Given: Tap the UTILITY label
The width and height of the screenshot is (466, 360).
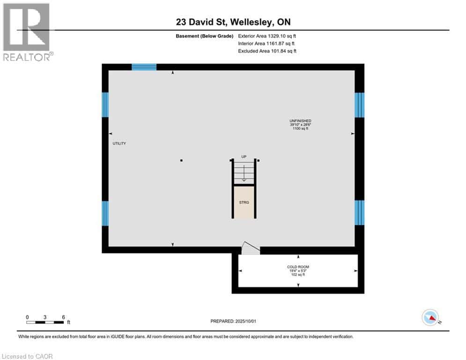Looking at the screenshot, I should pos(119,143).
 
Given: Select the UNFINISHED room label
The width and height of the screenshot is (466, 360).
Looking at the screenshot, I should pos(300,121).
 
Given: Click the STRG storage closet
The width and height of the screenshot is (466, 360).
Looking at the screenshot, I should pos(244,202).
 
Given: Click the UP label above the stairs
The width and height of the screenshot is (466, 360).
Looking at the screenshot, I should pos(244,157).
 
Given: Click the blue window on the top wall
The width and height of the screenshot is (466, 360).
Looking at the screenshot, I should pos(144,67).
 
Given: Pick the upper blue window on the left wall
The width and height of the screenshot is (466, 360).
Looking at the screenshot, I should pos(105,105).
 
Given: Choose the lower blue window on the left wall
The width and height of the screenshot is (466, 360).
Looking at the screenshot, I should pos(105,213).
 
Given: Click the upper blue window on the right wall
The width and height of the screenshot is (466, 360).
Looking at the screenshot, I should pos(359,105).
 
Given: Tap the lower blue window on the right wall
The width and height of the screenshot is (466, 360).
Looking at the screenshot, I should pos(359,213).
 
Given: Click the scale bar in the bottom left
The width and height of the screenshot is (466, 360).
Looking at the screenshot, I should pos(45,322).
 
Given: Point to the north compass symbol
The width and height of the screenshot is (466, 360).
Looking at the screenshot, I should pos(430,318).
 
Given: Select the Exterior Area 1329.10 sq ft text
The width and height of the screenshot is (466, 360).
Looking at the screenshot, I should pos(267,36).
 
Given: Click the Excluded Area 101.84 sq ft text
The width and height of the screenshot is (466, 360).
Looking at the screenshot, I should pos(267,51).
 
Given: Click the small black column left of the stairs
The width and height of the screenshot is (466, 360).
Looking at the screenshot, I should pos(181,160).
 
